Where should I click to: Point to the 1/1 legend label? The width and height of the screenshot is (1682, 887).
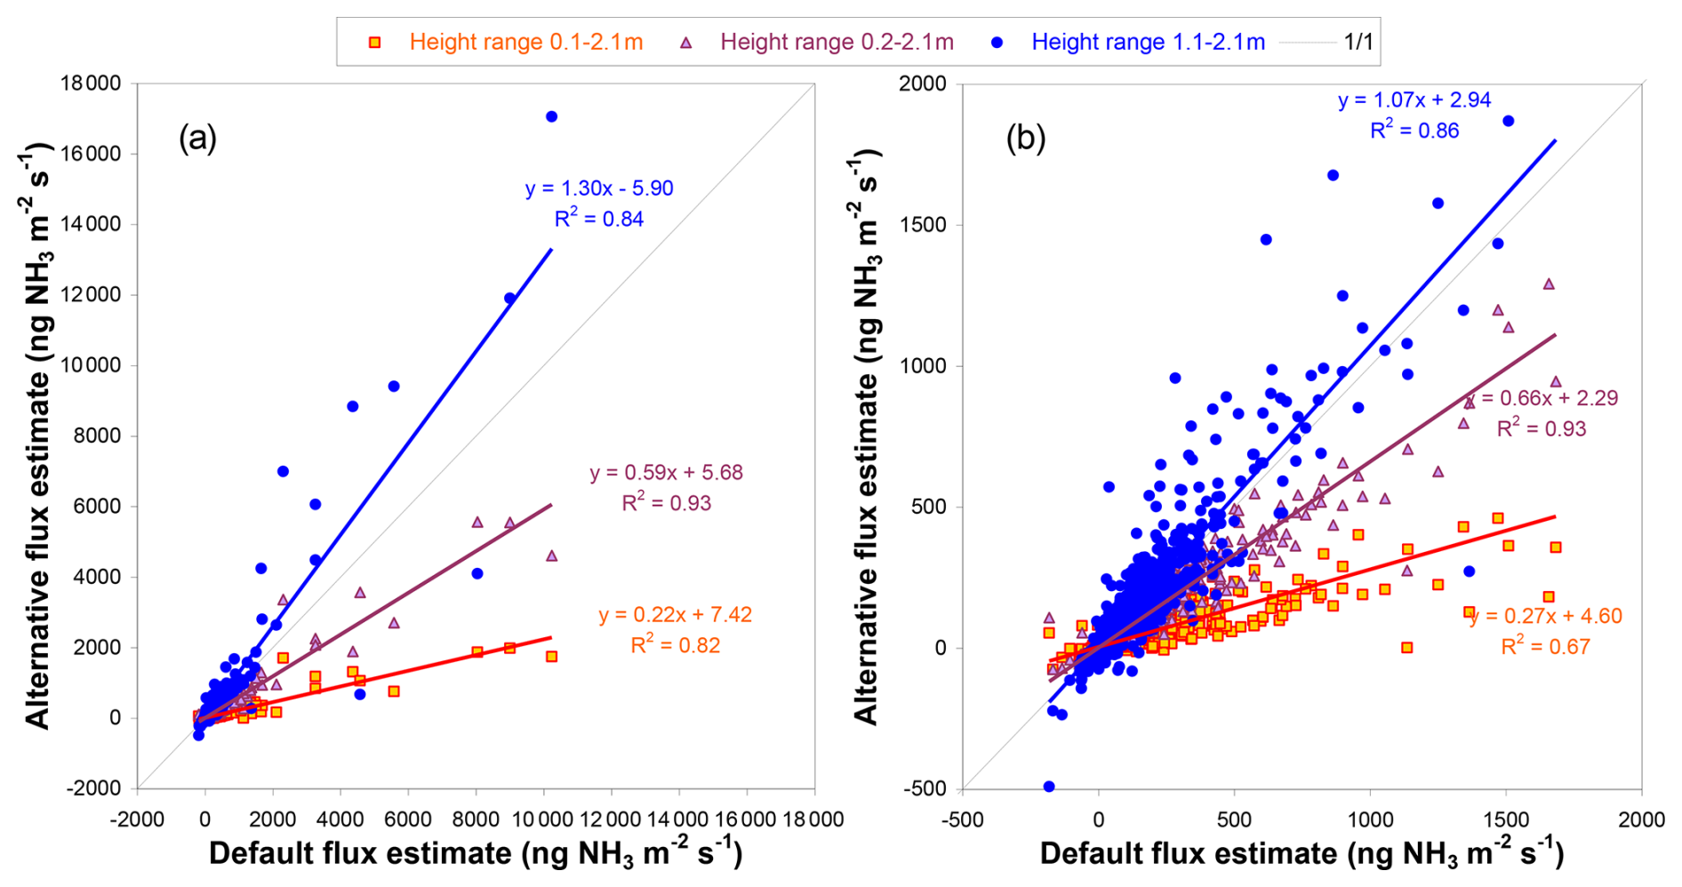[x=1358, y=42]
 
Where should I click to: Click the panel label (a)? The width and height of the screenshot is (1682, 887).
[x=197, y=139]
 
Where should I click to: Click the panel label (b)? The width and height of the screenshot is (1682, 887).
[x=1025, y=139]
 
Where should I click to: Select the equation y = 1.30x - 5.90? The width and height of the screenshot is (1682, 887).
[x=599, y=188]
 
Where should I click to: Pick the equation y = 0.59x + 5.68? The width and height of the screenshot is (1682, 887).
[x=666, y=473]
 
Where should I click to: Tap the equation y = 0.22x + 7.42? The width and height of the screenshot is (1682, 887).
[x=675, y=615]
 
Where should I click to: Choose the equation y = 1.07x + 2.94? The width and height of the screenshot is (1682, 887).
[x=1414, y=100]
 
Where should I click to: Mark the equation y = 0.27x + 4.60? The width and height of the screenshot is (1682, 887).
[x=1546, y=616]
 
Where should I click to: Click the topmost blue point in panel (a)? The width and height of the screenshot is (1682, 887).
[x=551, y=116]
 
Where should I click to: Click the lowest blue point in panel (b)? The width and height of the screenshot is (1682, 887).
[x=1049, y=787]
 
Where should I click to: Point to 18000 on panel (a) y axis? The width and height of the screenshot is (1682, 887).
[x=90, y=84]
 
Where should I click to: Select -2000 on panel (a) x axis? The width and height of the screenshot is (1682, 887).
[x=136, y=819]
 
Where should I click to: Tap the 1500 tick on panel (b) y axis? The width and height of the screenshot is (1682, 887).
[x=923, y=225]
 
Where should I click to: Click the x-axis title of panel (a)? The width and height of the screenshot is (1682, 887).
[x=475, y=854]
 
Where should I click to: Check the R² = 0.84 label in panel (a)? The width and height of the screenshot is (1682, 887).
[x=599, y=219]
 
